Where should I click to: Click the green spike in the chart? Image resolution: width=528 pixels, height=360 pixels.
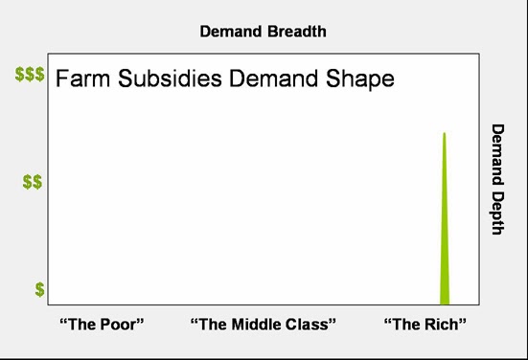pos(445,239)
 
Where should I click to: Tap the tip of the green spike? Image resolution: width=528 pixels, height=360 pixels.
pos(444,134)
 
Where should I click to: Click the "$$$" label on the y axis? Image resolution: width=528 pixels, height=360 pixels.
pos(29,75)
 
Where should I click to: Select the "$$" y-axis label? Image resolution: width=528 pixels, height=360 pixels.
pos(33,182)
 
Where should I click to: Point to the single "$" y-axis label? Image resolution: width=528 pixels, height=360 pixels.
pos(39,288)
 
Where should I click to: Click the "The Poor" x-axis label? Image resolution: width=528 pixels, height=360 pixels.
pos(102,324)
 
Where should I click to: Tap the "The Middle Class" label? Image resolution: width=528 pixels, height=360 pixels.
pos(264,324)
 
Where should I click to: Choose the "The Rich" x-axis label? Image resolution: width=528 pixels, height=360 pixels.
pos(425,324)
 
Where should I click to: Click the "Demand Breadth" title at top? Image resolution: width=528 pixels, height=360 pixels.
pos(263,32)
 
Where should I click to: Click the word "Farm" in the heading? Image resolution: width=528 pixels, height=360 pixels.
pos(80,79)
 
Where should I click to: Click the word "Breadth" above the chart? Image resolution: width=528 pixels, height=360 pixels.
pos(295,32)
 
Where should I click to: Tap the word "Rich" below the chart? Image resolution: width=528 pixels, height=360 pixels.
pos(441,324)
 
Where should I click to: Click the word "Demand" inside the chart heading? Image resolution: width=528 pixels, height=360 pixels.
pos(263,79)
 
